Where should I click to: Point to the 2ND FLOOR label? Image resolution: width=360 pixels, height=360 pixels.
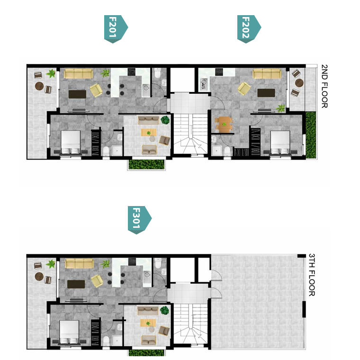tap(324, 86)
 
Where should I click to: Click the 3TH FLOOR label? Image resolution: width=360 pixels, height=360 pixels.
tap(312, 275)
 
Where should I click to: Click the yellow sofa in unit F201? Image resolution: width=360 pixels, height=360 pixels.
tap(78, 74)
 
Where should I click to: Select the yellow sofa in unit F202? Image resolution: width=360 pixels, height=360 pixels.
tap(267, 74)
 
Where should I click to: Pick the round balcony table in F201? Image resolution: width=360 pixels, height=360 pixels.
tap(39, 86)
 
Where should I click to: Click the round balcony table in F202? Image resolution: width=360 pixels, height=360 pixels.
tap(299, 83)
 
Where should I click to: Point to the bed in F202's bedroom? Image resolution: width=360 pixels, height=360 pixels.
tap(280, 143)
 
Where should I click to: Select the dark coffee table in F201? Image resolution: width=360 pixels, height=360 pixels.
tap(77, 94)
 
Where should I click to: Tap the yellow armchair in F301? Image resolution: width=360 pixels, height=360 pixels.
tap(97, 281)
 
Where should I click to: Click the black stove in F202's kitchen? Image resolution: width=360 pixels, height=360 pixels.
tap(219, 72)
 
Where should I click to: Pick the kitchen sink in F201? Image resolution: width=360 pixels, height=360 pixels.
tap(146, 90)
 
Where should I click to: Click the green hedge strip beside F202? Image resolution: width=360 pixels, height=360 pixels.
tap(311, 135)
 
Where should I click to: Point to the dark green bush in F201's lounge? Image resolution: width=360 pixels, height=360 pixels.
tap(165, 120)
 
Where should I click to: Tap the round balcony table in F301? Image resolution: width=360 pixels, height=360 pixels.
tap(39, 276)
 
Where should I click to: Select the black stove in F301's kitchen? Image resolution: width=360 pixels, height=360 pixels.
tap(132, 262)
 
